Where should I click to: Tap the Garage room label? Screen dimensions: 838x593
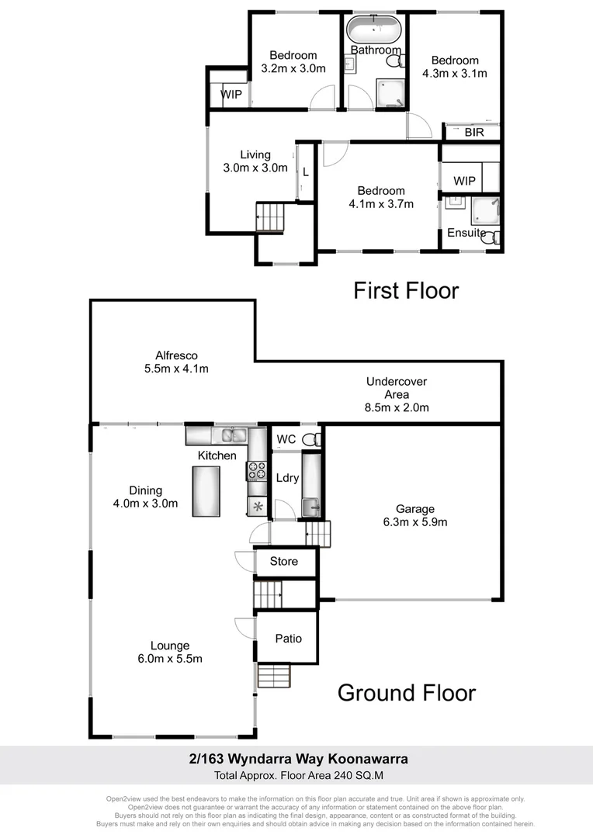[414, 509]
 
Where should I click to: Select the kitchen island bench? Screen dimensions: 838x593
[206, 492]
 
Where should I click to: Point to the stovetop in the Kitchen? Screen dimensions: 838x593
[256, 470]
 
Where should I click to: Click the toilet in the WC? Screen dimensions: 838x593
[310, 439]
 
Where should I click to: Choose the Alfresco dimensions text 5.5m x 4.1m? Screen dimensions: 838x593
[176, 369]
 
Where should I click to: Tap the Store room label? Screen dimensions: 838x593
[283, 561]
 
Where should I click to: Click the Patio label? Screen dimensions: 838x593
[288, 639]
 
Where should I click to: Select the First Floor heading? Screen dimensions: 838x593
[406, 291]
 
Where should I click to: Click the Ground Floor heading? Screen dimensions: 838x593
[406, 692]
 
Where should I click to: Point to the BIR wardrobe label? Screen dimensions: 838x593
[473, 133]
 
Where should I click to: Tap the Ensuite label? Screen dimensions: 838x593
[466, 233]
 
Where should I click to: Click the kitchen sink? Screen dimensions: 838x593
[230, 435]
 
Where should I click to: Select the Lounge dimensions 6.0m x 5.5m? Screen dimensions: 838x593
[170, 659]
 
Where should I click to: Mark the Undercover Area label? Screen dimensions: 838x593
[397, 394]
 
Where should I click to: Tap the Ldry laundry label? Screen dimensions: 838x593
[287, 478]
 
